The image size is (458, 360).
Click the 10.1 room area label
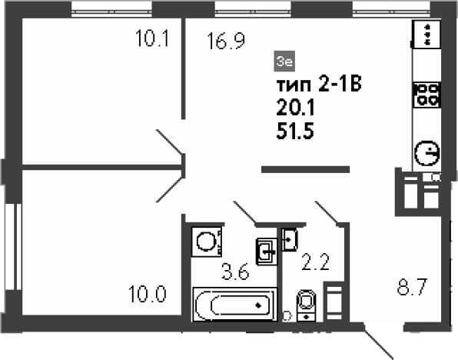(152, 38)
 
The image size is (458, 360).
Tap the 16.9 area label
(226, 42)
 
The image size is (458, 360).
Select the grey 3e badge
(284, 61)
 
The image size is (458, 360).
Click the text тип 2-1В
(319, 85)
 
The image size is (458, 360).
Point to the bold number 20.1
(295, 108)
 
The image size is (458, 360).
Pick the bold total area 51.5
(295, 131)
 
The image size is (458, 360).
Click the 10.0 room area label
(148, 294)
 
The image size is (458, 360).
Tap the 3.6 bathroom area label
(235, 272)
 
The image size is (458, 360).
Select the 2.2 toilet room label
(315, 262)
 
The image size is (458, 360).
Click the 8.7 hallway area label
(412, 287)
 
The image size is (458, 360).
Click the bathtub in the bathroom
(234, 305)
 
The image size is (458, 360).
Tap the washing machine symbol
(207, 242)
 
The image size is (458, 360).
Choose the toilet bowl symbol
(306, 305)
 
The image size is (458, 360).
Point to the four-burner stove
(426, 95)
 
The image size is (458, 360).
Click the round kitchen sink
(426, 153)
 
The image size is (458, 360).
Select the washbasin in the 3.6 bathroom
(267, 252)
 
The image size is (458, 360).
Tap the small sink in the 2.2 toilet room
(290, 240)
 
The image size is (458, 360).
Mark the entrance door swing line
(379, 342)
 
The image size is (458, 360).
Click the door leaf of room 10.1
(169, 142)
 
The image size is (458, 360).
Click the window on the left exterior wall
(13, 246)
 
